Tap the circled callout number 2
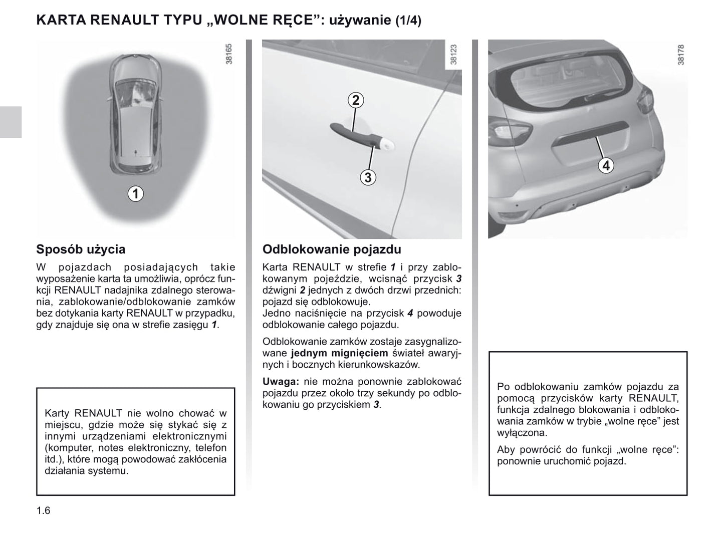(x=355, y=100)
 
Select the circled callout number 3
(x=368, y=177)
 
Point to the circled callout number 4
(x=606, y=165)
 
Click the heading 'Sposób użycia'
(x=81, y=249)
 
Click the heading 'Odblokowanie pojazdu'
(x=332, y=249)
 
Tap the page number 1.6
(x=43, y=511)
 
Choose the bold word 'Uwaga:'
(x=281, y=382)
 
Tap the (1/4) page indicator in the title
(x=408, y=21)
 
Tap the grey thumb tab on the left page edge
(x=11, y=122)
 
